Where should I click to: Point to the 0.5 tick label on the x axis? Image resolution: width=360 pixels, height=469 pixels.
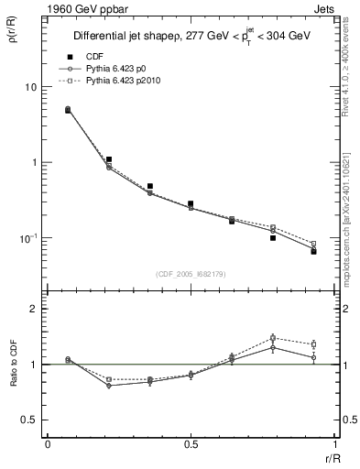click(191, 443)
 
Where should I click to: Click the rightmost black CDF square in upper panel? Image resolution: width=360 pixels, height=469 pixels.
click(313, 251)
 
